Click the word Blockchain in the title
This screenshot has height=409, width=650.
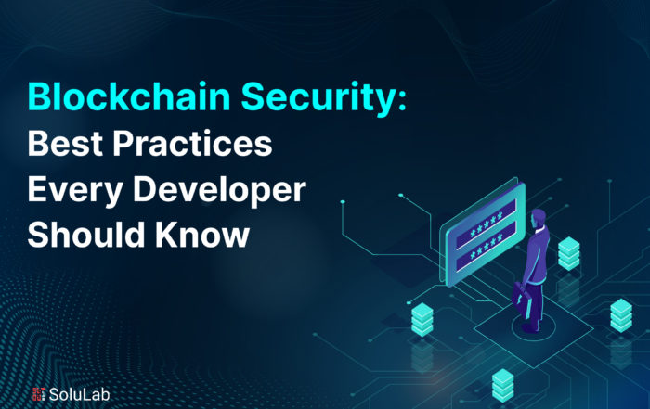click(x=128, y=96)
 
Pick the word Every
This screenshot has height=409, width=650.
click(x=75, y=190)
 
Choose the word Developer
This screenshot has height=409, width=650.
click(x=220, y=190)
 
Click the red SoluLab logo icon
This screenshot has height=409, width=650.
click(x=39, y=394)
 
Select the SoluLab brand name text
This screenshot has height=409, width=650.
click(x=79, y=394)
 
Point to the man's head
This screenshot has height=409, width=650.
click(x=538, y=218)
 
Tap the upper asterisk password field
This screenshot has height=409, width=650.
click(x=486, y=224)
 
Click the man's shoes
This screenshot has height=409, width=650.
click(x=532, y=326)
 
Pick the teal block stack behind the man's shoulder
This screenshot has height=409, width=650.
click(x=568, y=253)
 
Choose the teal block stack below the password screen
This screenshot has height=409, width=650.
click(x=422, y=319)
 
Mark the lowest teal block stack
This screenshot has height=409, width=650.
click(x=503, y=385)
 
